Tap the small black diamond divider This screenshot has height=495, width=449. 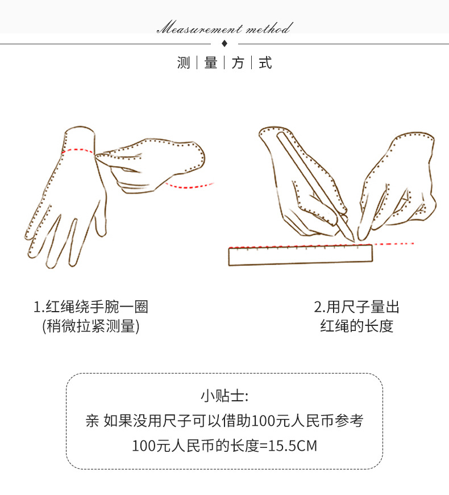[x=224, y=43]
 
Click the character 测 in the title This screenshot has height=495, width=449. [x=184, y=63]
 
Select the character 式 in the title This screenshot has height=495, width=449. [x=265, y=63]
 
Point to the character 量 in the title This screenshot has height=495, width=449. [x=211, y=63]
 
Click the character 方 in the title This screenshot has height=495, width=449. [x=238, y=63]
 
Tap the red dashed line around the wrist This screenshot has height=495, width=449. [x=80, y=150]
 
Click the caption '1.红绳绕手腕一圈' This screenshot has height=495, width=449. [x=91, y=307]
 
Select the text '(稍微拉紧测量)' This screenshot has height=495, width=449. [x=91, y=326]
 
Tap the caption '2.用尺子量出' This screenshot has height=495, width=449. [x=356, y=307]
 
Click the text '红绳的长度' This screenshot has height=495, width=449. [x=356, y=326]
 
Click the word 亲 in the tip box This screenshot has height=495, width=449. [x=92, y=421]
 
